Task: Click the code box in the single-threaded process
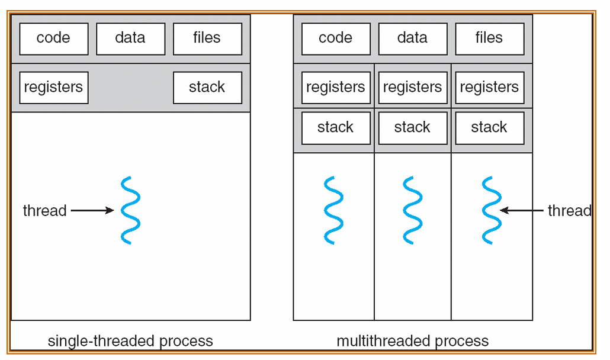[54, 39]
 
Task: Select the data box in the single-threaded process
[131, 39]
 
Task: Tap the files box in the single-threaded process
[207, 39]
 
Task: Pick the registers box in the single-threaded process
[54, 88]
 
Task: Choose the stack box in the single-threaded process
[207, 88]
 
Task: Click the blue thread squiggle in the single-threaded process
[130, 210]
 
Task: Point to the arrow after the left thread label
[92, 210]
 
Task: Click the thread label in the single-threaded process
[45, 210]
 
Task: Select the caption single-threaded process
[130, 341]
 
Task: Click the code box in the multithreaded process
[336, 39]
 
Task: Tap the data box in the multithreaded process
[413, 39]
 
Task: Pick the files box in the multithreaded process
[489, 39]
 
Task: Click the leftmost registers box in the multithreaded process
[336, 88]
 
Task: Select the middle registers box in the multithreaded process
[413, 88]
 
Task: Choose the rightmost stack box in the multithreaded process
[489, 128]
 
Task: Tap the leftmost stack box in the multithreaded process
[336, 128]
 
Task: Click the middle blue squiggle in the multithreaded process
[412, 210]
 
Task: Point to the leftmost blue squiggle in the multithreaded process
[334, 210]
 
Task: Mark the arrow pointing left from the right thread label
[521, 210]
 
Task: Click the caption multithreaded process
[412, 341]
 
